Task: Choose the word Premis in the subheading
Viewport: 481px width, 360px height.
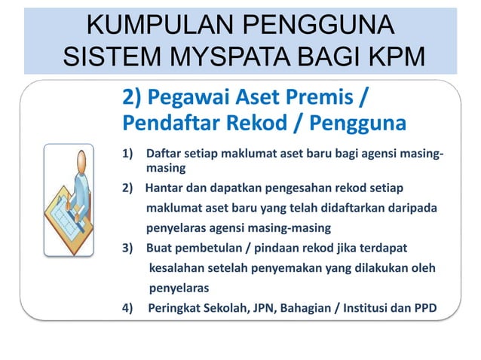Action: pyautogui.click(x=322, y=98)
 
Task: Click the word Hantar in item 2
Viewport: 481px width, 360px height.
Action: pyautogui.click(x=164, y=186)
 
